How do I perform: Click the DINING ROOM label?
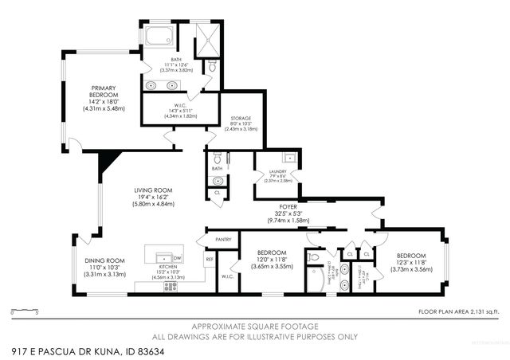105,266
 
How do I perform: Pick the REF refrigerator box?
210,260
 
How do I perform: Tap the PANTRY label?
224,239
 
